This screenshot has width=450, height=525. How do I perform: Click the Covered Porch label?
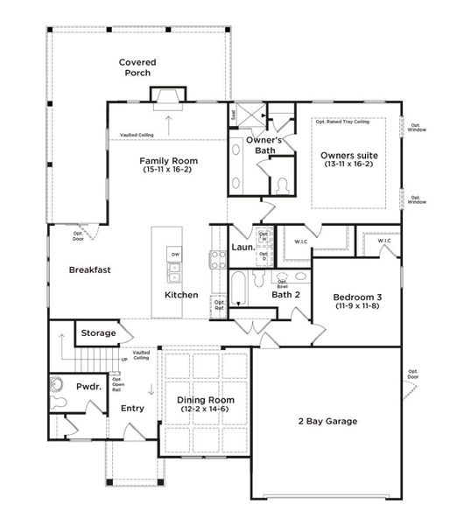138,68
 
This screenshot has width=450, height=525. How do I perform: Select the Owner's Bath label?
261,144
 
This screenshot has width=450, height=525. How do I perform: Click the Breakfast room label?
90,270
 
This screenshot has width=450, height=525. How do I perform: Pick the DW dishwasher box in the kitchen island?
175,255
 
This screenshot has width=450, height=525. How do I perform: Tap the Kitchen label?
181,295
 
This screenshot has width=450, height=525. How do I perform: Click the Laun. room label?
244,248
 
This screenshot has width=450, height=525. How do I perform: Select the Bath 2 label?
285,295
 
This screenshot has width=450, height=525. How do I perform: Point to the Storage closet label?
98,333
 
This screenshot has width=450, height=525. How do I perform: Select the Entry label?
132,408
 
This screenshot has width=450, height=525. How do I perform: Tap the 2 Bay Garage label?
327,422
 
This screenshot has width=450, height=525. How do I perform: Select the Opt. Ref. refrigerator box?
220,305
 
